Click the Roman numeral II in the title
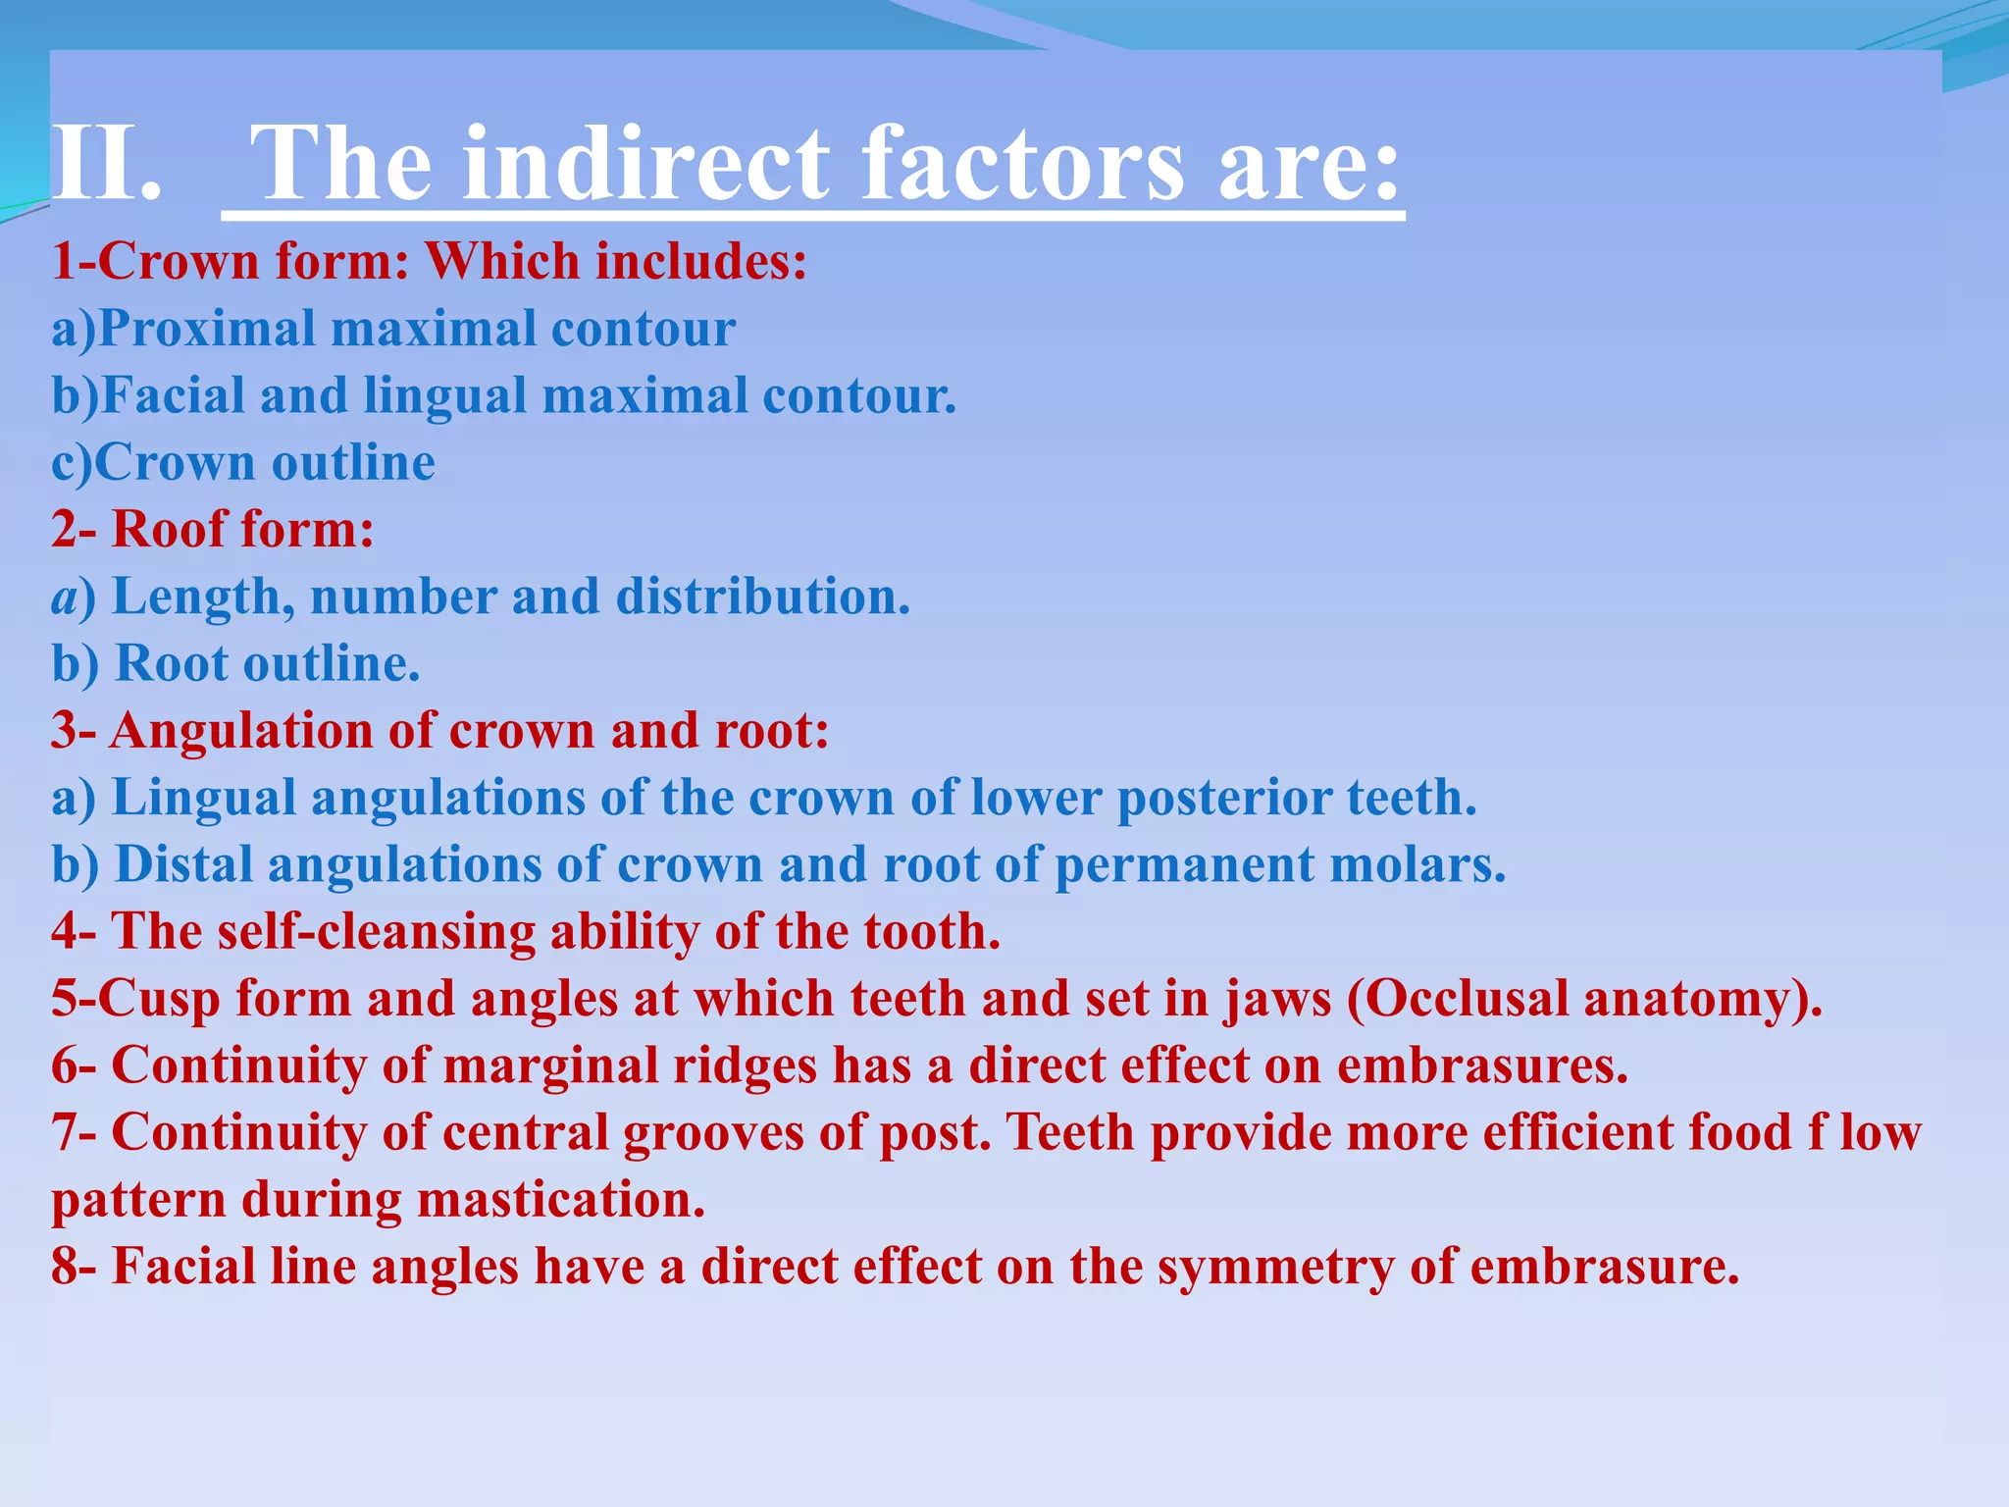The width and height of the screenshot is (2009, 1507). coord(104,163)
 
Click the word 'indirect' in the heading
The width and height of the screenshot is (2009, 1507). coord(646,163)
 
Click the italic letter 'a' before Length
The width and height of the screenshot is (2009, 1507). coord(65,598)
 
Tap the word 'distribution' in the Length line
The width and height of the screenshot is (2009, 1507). coord(761,597)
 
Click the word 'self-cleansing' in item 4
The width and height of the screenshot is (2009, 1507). coord(376,931)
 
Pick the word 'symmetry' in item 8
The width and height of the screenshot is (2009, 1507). coord(1275,1267)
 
